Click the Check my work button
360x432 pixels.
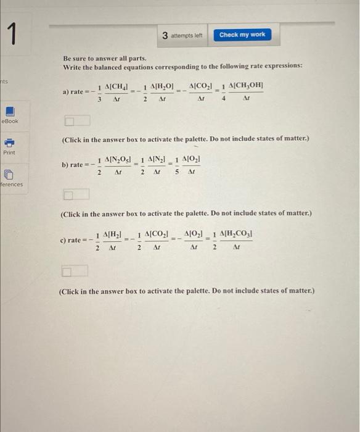(x=242, y=35)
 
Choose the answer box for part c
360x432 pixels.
(x=75, y=270)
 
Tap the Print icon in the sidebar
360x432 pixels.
(x=10, y=141)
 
